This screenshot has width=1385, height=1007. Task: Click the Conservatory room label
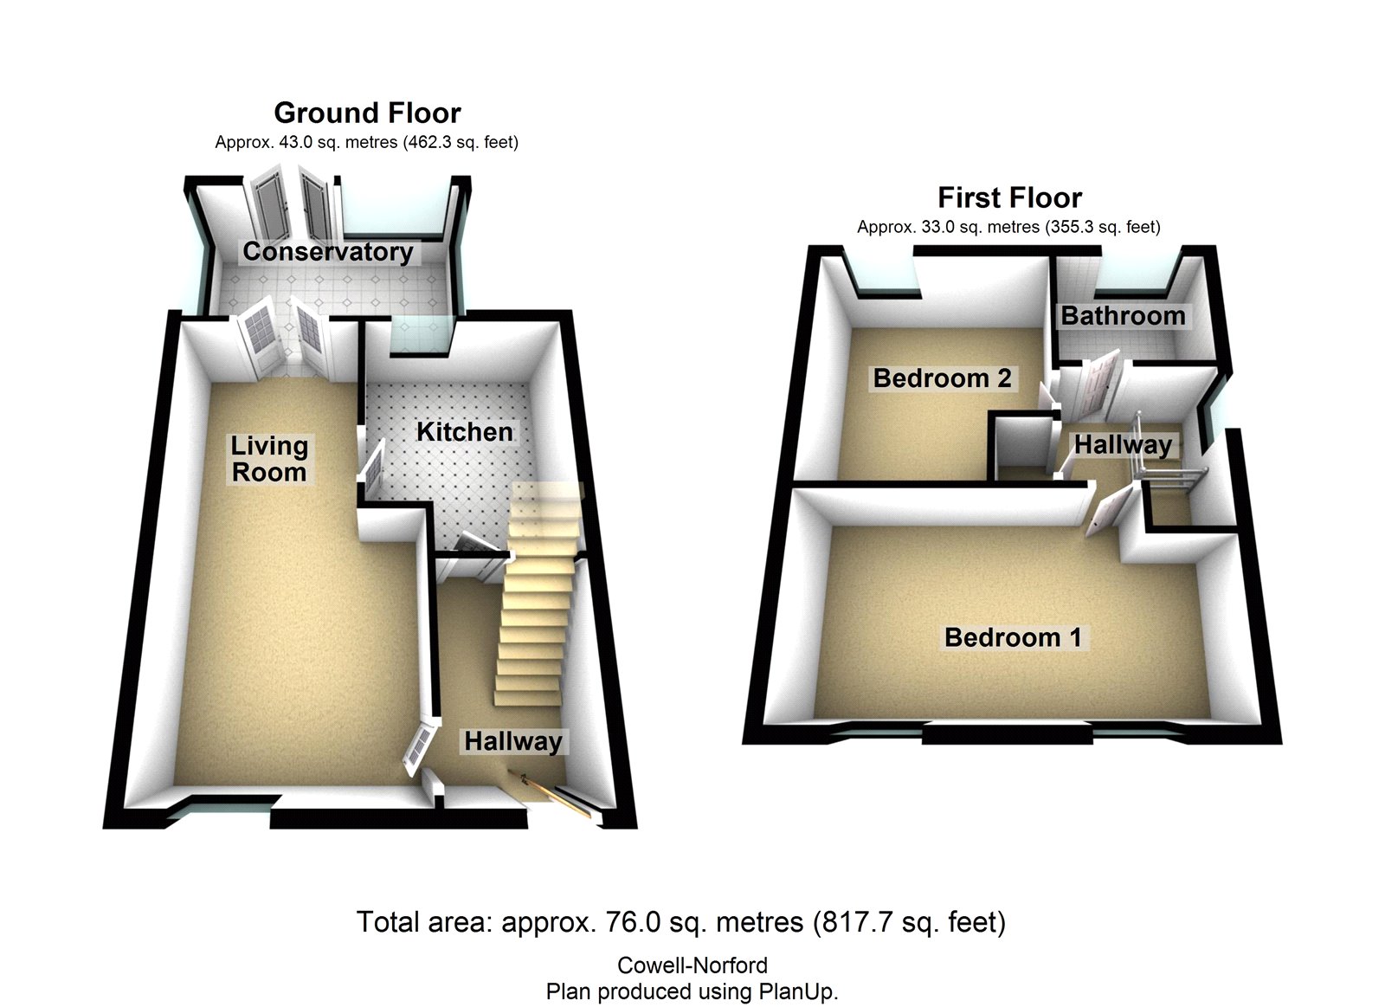pyautogui.click(x=327, y=251)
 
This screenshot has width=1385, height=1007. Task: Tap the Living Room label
pyautogui.click(x=268, y=459)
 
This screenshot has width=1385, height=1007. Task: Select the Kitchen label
pyautogui.click(x=464, y=431)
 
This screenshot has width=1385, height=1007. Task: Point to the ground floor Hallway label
pyautogui.click(x=512, y=741)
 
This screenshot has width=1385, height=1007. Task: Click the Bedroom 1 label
pyautogui.click(x=1013, y=637)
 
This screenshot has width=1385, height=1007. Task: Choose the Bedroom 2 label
pyautogui.click(x=942, y=378)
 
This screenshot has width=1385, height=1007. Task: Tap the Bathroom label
pyautogui.click(x=1123, y=316)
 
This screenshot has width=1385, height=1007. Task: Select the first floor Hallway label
pyautogui.click(x=1123, y=445)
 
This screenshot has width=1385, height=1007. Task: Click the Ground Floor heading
pyautogui.click(x=367, y=113)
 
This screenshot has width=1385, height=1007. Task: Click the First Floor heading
pyautogui.click(x=1009, y=197)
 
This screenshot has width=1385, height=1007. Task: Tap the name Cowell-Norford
pyautogui.click(x=692, y=965)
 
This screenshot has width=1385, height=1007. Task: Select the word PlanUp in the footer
pyautogui.click(x=796, y=991)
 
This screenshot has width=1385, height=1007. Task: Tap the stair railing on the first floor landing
pyautogui.click(x=1164, y=472)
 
